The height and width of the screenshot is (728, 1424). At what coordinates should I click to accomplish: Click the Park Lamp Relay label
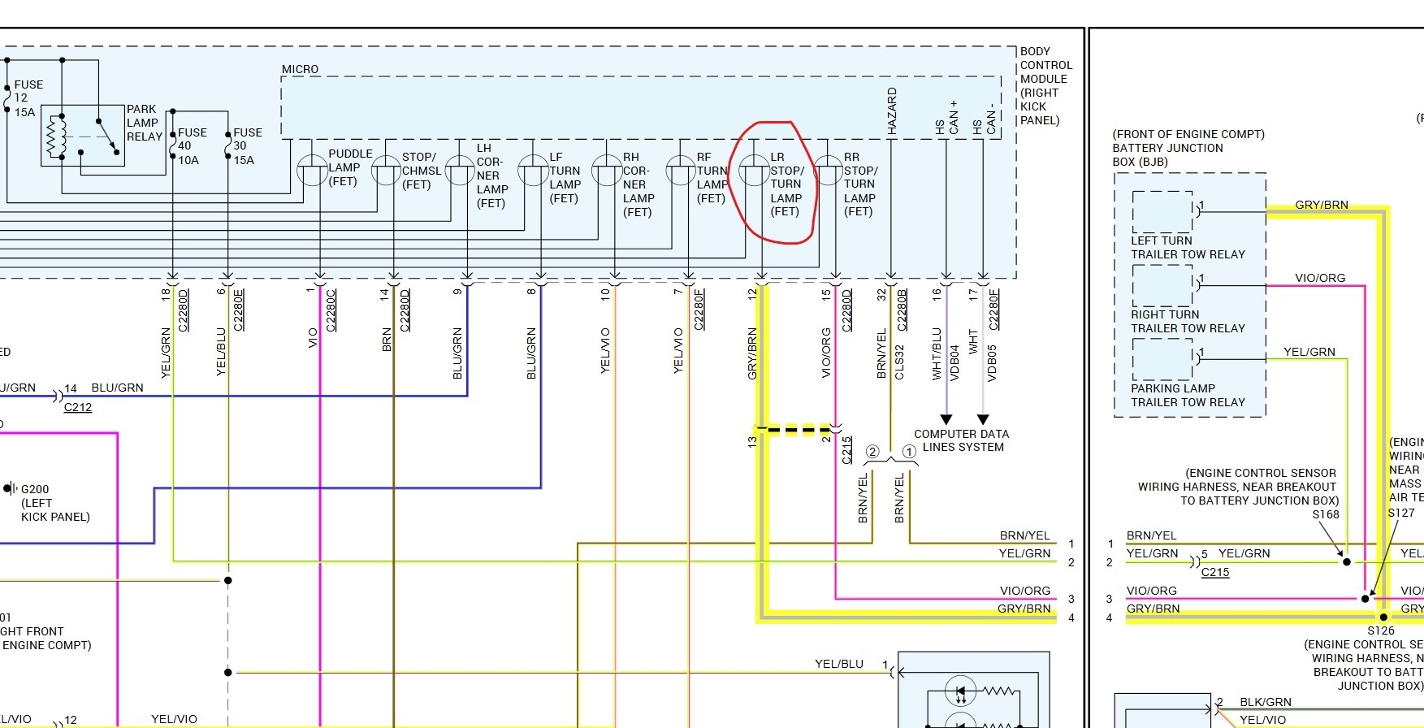(144, 123)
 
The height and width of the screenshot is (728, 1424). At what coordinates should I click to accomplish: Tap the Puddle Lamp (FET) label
(349, 167)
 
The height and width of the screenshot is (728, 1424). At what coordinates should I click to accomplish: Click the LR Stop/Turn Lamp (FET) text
(786, 184)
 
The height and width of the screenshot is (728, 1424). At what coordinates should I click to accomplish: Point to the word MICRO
(300, 69)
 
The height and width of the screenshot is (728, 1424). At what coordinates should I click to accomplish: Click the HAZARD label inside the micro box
(892, 110)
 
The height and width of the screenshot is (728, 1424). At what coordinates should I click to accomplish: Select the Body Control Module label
(1045, 85)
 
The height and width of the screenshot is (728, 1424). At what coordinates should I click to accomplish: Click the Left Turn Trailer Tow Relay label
(1188, 248)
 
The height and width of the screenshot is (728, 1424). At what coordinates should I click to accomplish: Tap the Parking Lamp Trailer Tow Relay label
(1188, 396)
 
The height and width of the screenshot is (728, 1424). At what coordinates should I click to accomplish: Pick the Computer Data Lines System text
(962, 440)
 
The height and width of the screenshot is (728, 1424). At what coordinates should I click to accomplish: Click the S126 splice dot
(1383, 617)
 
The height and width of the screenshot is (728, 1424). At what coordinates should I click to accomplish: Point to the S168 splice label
(1325, 514)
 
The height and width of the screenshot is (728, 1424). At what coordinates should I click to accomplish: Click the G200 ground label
(35, 489)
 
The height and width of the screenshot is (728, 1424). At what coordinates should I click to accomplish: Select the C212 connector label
(78, 407)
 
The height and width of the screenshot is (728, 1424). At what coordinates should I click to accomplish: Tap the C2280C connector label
(331, 310)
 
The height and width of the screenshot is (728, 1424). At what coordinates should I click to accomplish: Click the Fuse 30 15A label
(246, 146)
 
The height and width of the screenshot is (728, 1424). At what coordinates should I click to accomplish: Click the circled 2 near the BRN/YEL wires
(872, 452)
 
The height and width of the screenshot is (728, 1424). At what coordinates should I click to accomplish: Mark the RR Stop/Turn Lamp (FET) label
(859, 184)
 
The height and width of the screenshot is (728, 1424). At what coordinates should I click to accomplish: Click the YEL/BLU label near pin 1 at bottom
(839, 664)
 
